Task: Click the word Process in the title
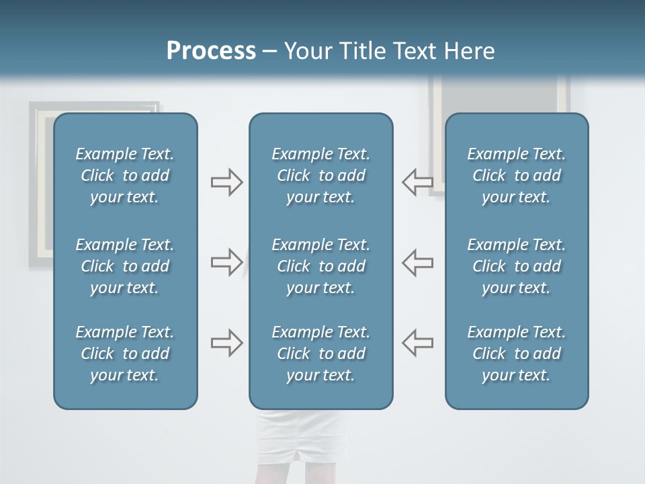pos(211,51)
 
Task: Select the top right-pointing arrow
pos(226,182)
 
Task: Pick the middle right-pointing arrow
pos(226,262)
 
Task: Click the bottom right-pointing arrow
pos(226,342)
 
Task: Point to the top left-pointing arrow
pos(418,182)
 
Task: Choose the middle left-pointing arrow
pos(418,262)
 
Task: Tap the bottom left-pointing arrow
pos(418,342)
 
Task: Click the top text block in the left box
pos(125,175)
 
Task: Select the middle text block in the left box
pos(125,266)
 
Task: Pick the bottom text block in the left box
pos(125,354)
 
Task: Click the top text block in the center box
pos(321,175)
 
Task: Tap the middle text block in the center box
pos(321,266)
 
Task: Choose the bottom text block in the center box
pos(321,354)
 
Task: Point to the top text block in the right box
pos(517,175)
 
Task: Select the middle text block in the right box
pos(517,266)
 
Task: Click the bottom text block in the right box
pos(517,354)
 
